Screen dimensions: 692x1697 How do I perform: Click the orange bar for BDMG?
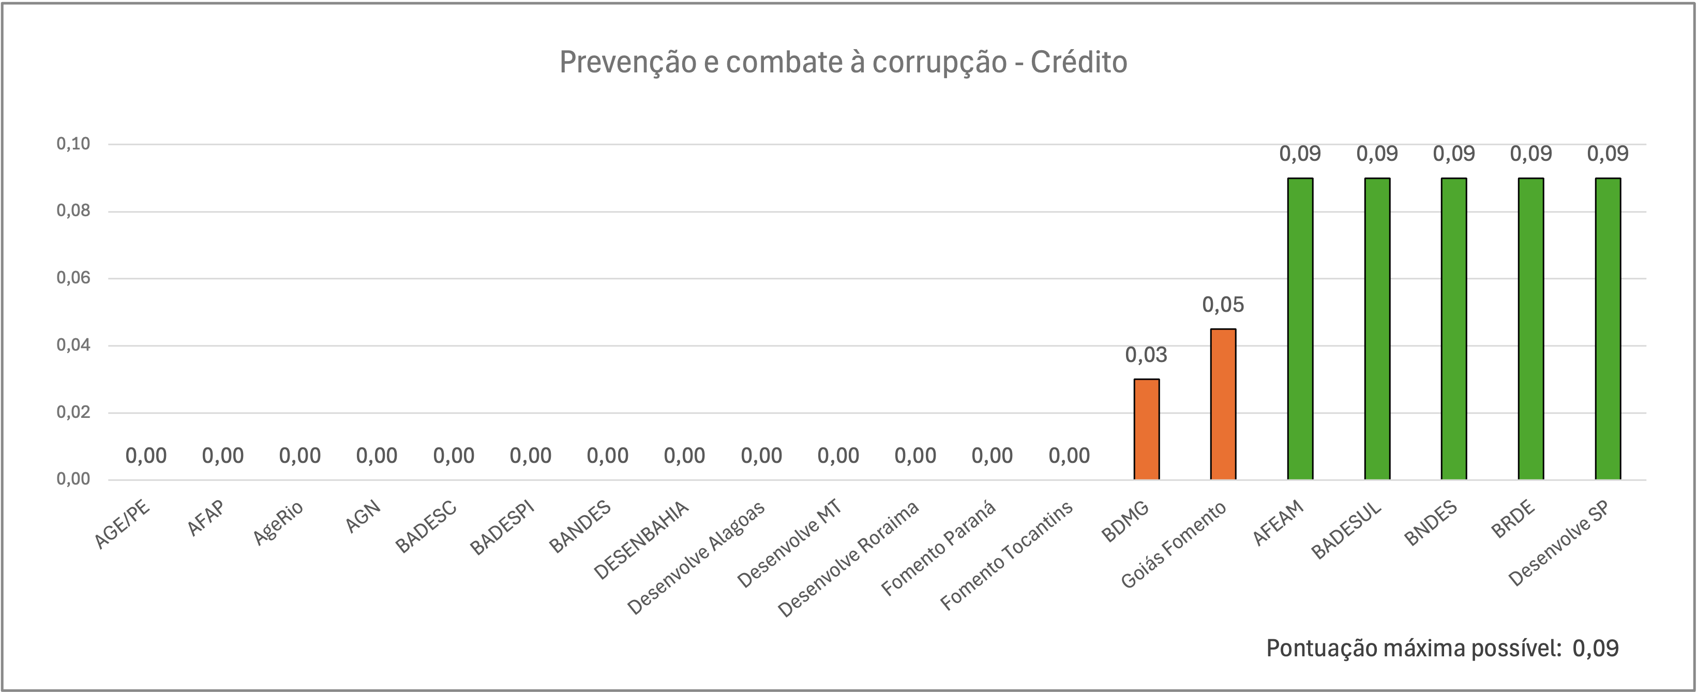pos(1146,429)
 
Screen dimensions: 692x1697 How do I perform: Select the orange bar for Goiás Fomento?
pos(1223,404)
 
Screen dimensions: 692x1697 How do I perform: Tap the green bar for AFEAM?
pos(1300,328)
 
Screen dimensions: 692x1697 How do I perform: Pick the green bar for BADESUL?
pos(1377,328)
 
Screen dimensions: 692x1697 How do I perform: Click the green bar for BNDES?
pos(1454,328)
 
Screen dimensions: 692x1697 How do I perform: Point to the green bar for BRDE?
pos(1531,328)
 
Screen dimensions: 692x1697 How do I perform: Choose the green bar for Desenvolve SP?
pos(1608,328)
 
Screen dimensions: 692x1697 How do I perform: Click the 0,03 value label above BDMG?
pos(1146,355)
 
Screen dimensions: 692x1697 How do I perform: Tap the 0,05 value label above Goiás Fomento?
pos(1223,305)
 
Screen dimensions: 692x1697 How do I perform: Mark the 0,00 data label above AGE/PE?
pos(146,456)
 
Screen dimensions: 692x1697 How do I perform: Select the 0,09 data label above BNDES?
pos(1454,154)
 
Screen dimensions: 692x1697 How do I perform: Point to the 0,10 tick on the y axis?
pos(73,144)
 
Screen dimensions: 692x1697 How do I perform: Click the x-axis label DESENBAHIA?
pos(641,540)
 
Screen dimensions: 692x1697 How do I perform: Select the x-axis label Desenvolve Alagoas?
pos(696,558)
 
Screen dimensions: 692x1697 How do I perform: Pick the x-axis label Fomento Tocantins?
pos(1007,555)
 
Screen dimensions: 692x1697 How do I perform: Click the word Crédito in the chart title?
pos(1078,63)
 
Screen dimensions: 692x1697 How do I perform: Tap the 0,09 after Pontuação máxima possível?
pos(1596,649)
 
